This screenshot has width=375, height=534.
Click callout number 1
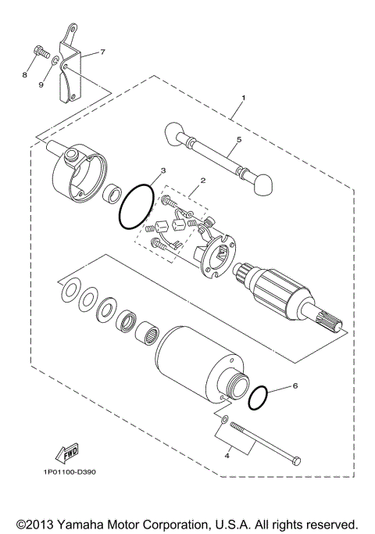tap(243, 98)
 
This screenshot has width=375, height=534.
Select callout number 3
tap(163, 170)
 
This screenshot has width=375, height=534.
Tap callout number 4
tap(227, 453)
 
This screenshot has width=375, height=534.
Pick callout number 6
tap(295, 386)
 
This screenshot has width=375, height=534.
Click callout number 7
tap(102, 52)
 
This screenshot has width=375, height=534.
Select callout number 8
tap(24, 75)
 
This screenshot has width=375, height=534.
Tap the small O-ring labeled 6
tap(261, 398)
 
